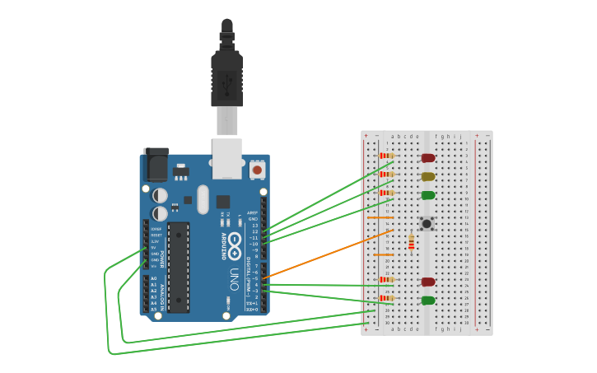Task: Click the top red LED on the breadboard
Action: click(427, 157)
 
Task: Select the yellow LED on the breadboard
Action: click(427, 176)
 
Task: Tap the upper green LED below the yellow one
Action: click(427, 195)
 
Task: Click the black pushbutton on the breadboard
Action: click(427, 223)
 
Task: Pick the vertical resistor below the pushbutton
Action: click(411, 241)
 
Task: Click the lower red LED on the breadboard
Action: click(427, 282)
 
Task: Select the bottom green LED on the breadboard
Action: click(427, 301)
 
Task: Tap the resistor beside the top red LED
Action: click(386, 156)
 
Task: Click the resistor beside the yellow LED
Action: click(386, 174)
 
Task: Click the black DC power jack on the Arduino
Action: click(156, 165)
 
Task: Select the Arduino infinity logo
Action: click(236, 241)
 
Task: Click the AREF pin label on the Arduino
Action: click(253, 212)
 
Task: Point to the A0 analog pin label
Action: click(153, 278)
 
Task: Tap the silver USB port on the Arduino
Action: click(226, 158)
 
